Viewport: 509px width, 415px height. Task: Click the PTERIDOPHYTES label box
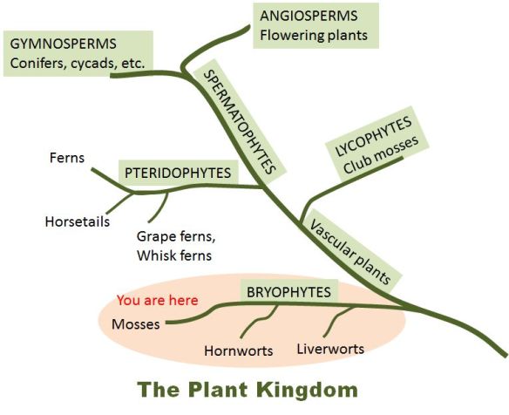point(178,173)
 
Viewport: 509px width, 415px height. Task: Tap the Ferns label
point(67,158)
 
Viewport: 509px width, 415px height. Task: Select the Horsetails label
point(77,221)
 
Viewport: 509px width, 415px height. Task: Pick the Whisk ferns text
point(174,255)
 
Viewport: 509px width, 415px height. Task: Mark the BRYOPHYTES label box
point(288,292)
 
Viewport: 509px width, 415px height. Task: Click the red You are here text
point(157,300)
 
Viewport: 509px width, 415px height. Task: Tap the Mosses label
point(136,325)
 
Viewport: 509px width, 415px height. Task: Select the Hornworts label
point(239,351)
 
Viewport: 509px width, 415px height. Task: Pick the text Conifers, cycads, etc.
point(77,63)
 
